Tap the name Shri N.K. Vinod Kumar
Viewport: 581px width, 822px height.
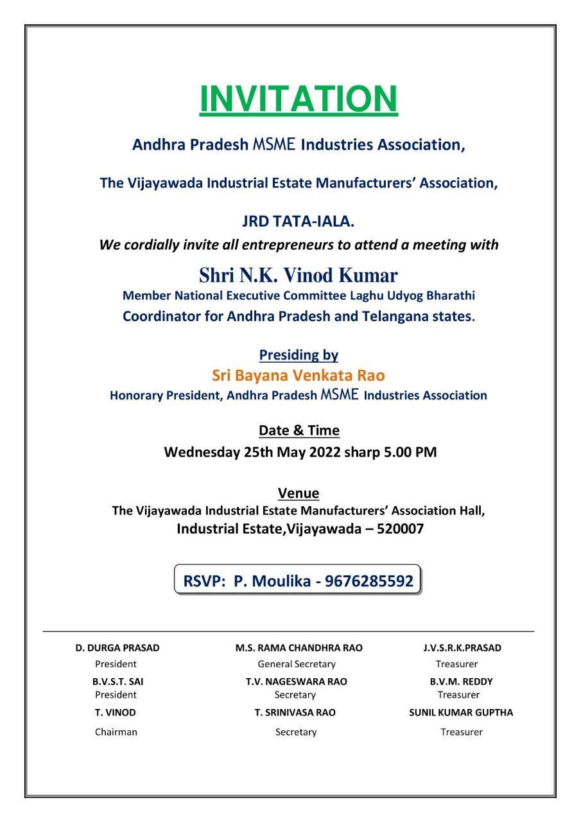pos(299,275)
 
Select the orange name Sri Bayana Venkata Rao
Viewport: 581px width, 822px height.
pos(299,375)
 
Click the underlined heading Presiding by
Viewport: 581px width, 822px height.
pos(299,354)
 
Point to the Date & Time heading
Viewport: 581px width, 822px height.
pos(299,430)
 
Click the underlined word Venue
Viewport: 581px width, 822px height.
pos(299,493)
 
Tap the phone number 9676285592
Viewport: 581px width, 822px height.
pos(369,581)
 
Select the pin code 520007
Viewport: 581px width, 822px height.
pos(397,530)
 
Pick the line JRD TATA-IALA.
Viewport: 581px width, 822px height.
pos(299,222)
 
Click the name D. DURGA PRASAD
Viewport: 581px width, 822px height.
pos(117,648)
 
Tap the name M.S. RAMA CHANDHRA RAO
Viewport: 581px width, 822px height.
pos(299,648)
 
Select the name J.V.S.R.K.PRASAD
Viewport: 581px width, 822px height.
pos(458,648)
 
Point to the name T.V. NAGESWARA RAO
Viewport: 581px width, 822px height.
pos(296,682)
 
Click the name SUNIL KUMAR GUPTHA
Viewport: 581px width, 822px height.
pos(461,713)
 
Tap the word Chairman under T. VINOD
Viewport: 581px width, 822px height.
pos(116,732)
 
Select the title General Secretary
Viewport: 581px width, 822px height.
pos(297,665)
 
